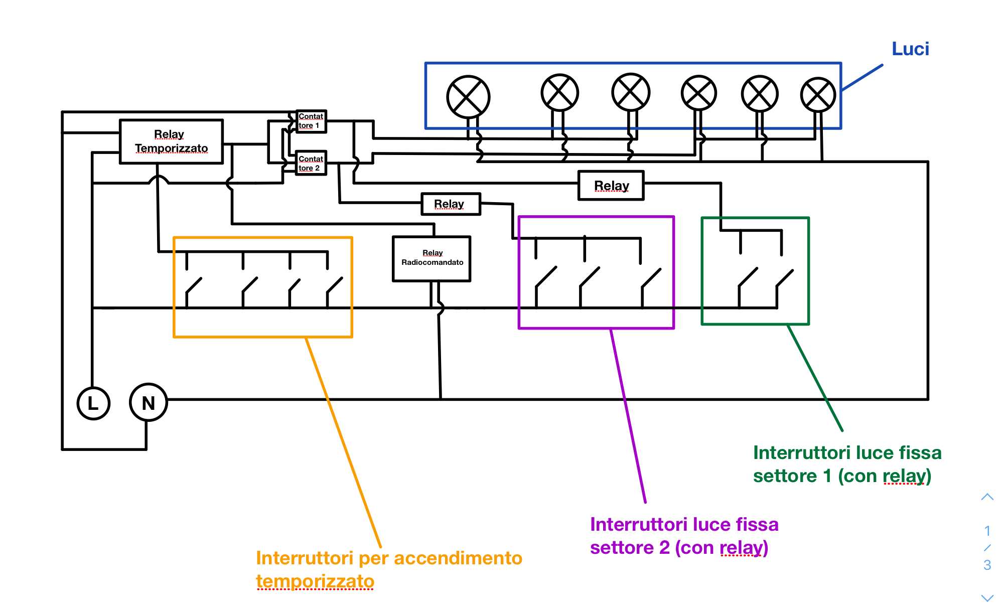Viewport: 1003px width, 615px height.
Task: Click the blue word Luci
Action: [x=910, y=49]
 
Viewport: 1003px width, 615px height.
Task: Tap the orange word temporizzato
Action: [x=315, y=581]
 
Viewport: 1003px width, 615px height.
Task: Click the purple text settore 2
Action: [x=630, y=547]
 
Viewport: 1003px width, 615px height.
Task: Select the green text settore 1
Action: [x=792, y=476]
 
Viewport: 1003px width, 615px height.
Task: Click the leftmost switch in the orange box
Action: [x=193, y=292]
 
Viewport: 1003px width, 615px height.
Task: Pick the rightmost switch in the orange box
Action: [x=334, y=292]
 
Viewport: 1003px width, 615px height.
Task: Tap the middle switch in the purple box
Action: [x=590, y=287]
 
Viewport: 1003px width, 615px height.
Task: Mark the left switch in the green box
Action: [x=748, y=288]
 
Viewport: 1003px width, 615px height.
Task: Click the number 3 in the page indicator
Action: [x=987, y=565]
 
